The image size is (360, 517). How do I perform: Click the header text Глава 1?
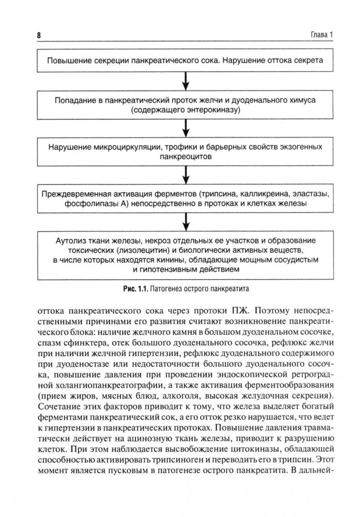click(x=322, y=36)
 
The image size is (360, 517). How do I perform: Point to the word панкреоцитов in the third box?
click(x=185, y=157)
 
